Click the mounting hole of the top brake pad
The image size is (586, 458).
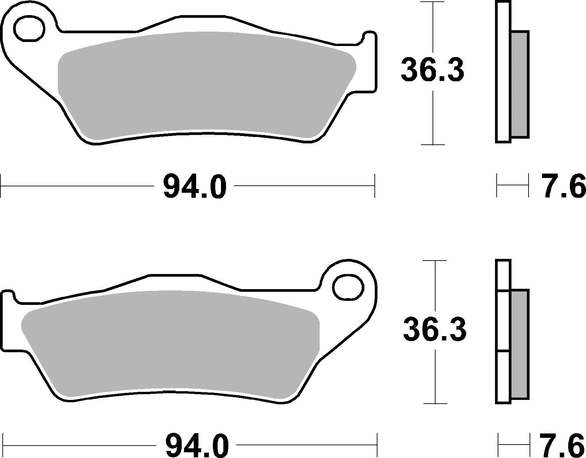coord(30,29)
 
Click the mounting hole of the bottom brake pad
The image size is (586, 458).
coord(349,287)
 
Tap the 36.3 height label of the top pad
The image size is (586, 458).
coord(432,70)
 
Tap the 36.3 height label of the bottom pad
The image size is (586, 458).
coord(435,329)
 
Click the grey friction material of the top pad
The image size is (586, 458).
coord(201,84)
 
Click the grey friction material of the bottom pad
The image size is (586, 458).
coord(168,342)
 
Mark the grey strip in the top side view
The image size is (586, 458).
coord(520,84)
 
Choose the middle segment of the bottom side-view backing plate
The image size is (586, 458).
coord(503,321)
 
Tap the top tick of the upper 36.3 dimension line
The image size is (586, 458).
coord(433,2)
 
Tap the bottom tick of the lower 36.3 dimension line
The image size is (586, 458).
coord(435,403)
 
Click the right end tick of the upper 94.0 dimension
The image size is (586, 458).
coord(374,186)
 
